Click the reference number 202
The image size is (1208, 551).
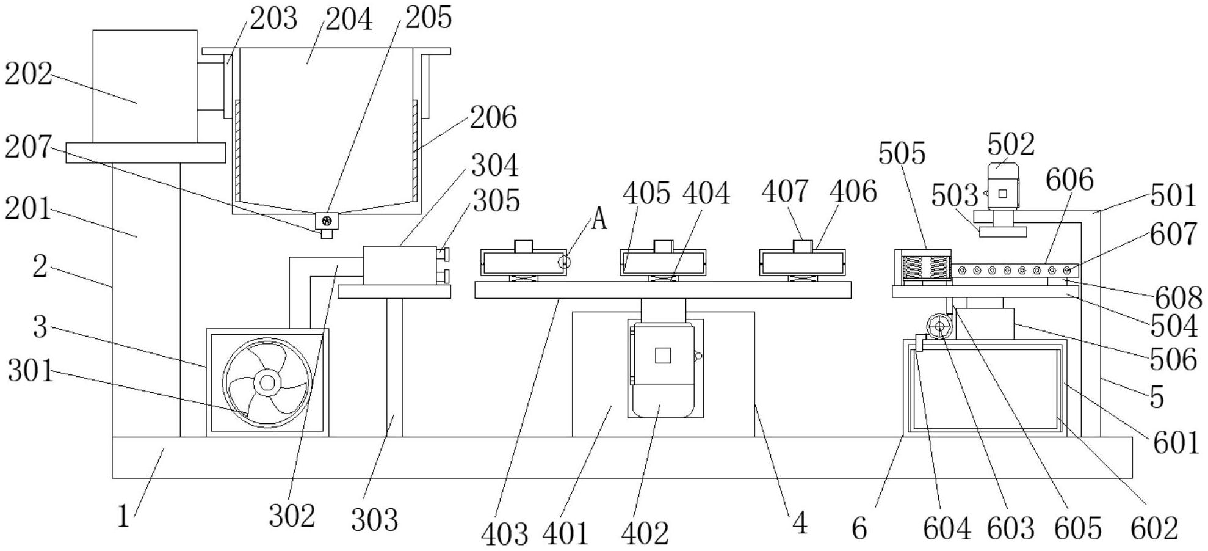pyautogui.click(x=29, y=75)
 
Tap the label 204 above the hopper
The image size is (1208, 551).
pyautogui.click(x=349, y=19)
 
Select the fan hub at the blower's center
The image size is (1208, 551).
pyautogui.click(x=267, y=383)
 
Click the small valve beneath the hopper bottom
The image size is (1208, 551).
pyautogui.click(x=327, y=221)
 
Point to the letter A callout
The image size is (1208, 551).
pyautogui.click(x=599, y=219)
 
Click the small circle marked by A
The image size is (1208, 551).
pyautogui.click(x=565, y=262)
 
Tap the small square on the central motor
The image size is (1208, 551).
pyautogui.click(x=663, y=355)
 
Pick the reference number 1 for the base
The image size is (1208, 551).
pyautogui.click(x=123, y=516)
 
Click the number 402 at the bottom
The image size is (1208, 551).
pyautogui.click(x=645, y=533)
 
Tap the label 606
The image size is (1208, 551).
pyautogui.click(x=1069, y=180)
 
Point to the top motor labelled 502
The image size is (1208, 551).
pyautogui.click(x=1004, y=189)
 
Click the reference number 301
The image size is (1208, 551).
pyautogui.click(x=31, y=371)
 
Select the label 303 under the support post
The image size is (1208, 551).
pyautogui.click(x=374, y=520)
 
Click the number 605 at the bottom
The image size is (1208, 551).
pyautogui.click(x=1077, y=528)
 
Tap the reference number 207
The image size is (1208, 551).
pyautogui.click(x=28, y=147)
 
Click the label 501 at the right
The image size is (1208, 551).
pyautogui.click(x=1173, y=196)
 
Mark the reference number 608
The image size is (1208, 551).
pyautogui.click(x=1178, y=299)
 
